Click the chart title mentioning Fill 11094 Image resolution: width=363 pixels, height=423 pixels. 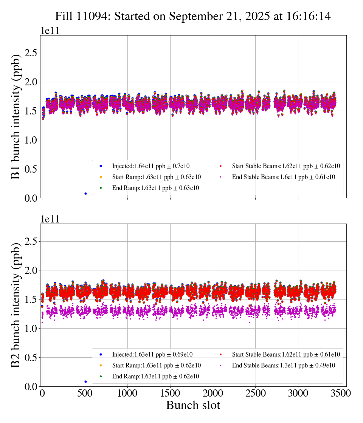(x=193, y=16)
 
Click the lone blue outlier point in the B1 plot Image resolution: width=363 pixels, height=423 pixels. (x=85, y=193)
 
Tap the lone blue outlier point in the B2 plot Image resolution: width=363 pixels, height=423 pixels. (x=85, y=381)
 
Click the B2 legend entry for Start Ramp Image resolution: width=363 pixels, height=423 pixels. (x=156, y=365)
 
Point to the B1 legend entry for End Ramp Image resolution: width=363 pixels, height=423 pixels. (x=155, y=188)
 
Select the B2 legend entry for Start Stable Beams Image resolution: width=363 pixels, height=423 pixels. (x=286, y=354)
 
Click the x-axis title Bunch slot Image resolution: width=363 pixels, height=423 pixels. (x=193, y=405)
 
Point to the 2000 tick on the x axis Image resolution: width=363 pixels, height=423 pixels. (x=213, y=394)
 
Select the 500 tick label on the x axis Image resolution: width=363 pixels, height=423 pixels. (x=85, y=394)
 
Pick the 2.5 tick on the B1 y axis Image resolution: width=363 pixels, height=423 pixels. (x=33, y=53)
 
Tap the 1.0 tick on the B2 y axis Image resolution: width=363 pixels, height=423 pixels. (x=33, y=329)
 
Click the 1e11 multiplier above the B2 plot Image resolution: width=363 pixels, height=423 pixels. (x=50, y=219)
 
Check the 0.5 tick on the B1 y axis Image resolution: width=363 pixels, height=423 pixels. (x=33, y=169)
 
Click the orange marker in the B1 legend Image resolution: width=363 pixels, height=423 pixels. (x=101, y=177)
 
